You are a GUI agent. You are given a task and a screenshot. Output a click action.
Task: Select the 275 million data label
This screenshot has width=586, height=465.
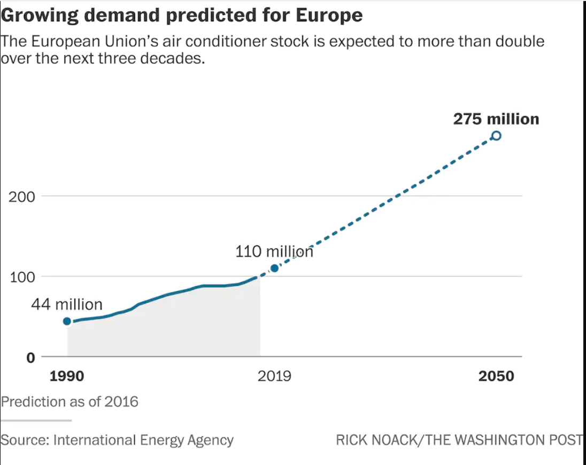pos(496,119)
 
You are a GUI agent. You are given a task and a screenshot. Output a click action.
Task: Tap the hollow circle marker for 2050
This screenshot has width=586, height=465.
pos(496,136)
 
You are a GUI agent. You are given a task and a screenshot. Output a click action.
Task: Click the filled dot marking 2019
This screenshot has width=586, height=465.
pos(274,268)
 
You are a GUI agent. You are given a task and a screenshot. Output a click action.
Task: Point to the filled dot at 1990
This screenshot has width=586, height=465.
pos(67,321)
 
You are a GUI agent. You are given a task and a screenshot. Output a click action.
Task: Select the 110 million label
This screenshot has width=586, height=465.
pos(274,251)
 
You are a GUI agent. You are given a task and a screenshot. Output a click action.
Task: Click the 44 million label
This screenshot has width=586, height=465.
pos(66,305)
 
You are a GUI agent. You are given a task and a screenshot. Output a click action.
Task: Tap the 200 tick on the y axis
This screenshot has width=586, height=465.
pos(22,197)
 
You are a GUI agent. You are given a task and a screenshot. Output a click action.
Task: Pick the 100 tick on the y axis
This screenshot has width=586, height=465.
pos(22,277)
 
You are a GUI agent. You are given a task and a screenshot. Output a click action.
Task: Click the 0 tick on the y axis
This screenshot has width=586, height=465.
pos(31,357)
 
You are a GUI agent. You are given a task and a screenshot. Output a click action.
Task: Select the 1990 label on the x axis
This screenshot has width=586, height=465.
pos(67,376)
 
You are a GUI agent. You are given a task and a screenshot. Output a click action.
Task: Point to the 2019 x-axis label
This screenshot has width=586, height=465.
pos(274,376)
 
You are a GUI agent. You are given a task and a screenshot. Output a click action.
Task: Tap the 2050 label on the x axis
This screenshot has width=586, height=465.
pos(496,376)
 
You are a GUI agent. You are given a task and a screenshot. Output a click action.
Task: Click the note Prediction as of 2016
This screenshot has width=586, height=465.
pos(70,401)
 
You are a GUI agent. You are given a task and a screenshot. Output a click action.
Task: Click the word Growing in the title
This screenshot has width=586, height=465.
pos(37,15)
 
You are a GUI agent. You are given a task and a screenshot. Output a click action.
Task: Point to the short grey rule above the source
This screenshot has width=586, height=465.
pos(36,421)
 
